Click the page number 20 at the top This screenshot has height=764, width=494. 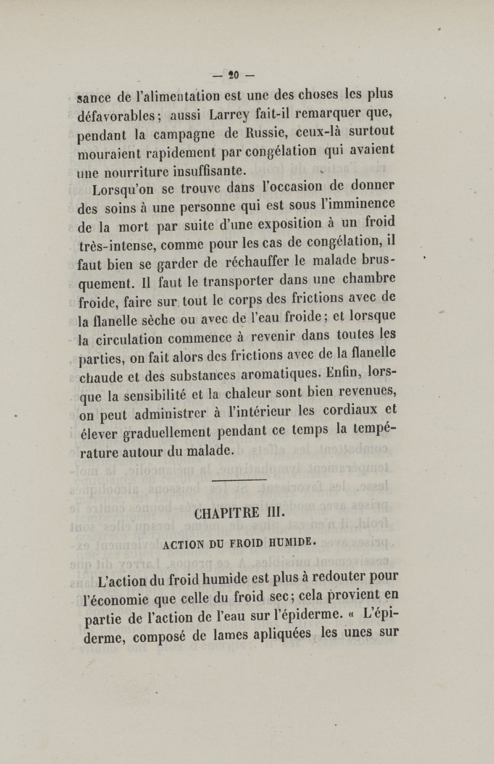[x=233, y=76]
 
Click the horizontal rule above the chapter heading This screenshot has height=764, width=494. [x=239, y=480]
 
